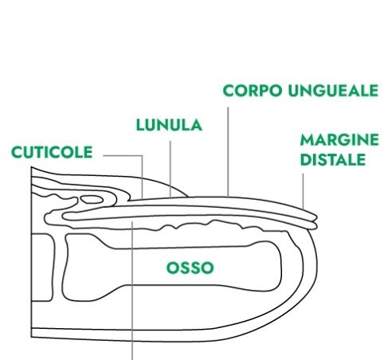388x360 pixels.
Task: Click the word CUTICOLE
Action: pos(52,152)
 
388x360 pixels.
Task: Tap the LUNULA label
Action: pos(169,125)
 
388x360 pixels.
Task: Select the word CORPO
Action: pos(253,91)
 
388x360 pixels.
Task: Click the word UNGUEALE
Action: pos(333,91)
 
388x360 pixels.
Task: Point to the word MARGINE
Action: pos(339,139)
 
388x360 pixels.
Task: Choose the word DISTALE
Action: pos(333,159)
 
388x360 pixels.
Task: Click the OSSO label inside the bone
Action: pos(190,268)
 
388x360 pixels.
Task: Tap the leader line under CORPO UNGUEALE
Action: pos(228,152)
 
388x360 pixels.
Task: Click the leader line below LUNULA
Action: pos(170,169)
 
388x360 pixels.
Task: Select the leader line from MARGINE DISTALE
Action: pos(303,191)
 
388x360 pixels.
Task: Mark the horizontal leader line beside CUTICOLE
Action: pos(123,155)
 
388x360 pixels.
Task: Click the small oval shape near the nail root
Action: pos(92,199)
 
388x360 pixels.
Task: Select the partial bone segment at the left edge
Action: pos(42,268)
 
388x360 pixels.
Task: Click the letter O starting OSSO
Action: pos(172,268)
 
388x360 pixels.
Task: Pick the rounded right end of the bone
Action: pos(280,266)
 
